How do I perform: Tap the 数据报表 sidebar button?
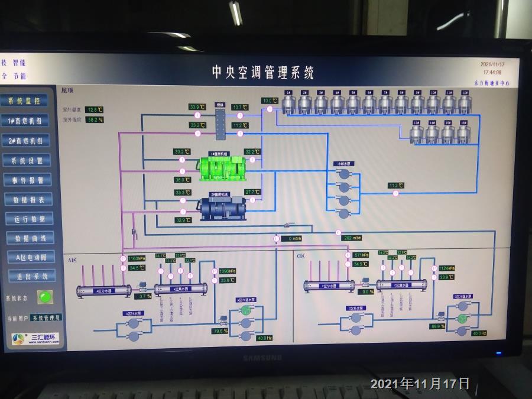pos(28,199)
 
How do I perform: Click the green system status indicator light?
pos(44,297)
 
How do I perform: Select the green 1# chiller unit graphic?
pos(223,168)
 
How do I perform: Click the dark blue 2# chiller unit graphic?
pos(223,207)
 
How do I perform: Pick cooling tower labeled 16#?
pos(464,132)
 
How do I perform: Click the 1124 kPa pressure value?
pos(447,268)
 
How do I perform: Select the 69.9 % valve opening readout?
pos(437,326)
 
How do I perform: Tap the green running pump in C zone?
pos(462,319)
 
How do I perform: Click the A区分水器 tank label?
pos(104,290)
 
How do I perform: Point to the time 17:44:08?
pos(491,72)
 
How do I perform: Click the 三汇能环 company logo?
pos(36,339)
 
